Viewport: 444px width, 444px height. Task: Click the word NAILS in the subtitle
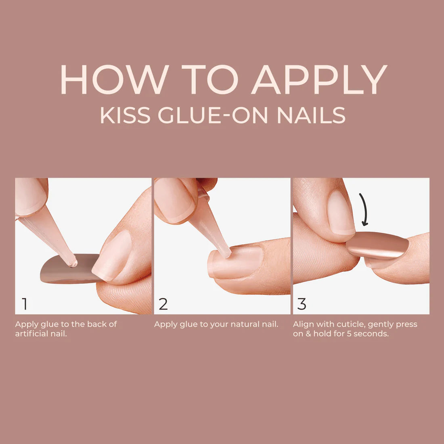pos(311,115)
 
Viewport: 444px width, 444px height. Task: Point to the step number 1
pos(25,304)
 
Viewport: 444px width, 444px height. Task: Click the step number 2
pos(163,304)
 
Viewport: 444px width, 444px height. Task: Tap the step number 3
pos(302,304)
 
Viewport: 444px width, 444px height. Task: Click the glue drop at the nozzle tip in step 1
pos(73,263)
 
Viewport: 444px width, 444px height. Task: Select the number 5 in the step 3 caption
pos(349,334)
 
